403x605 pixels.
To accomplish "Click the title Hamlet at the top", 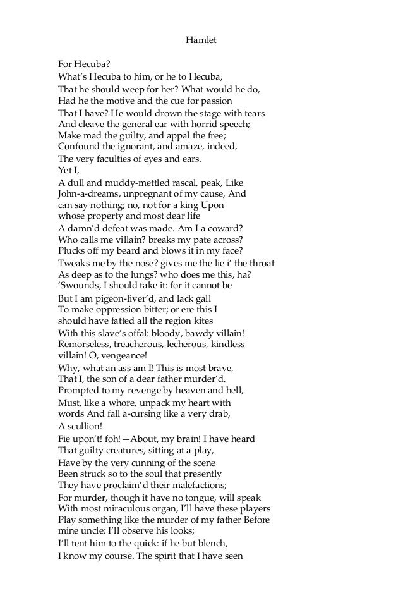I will (x=201, y=40).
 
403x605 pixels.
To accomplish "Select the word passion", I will (x=215, y=101).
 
